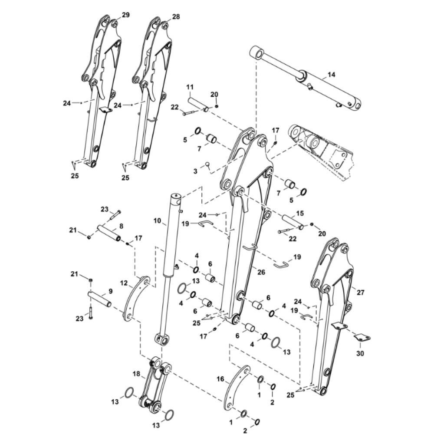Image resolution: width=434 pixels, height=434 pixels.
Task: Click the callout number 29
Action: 126,15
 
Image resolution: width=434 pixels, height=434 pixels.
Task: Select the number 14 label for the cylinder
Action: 331,75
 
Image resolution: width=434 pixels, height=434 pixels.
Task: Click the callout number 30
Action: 360,353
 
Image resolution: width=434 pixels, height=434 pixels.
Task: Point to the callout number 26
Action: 261,272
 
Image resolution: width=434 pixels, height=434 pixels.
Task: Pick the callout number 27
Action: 361,292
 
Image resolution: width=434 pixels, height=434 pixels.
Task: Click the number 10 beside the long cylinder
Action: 157,220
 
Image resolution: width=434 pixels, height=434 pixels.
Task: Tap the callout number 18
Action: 136,374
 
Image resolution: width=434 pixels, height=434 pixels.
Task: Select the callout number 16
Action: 220,378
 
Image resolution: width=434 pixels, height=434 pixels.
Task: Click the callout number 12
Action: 124,283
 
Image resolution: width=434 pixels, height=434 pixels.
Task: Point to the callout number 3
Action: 195,171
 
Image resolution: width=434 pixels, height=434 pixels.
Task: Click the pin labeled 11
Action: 198,105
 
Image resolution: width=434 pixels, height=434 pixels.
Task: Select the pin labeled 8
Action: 109,233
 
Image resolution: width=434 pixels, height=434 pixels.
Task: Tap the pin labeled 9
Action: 100,299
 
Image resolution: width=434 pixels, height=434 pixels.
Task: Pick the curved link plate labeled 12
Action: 136,299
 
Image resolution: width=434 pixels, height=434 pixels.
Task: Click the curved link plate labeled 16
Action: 237,388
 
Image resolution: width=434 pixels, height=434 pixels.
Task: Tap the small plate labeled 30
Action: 362,337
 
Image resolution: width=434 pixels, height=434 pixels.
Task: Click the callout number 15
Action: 300,213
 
